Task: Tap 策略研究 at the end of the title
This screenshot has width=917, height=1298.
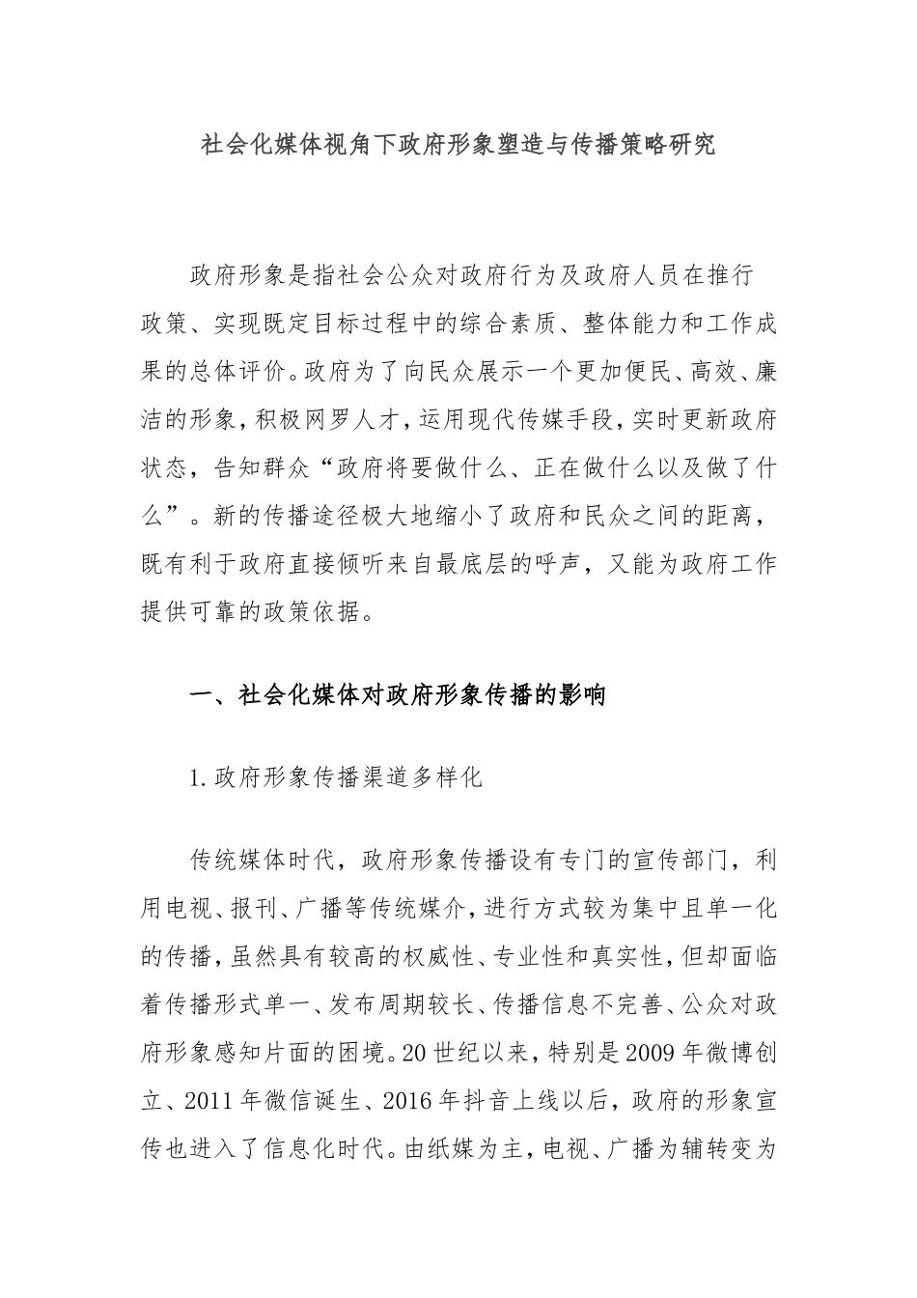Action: click(x=665, y=146)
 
